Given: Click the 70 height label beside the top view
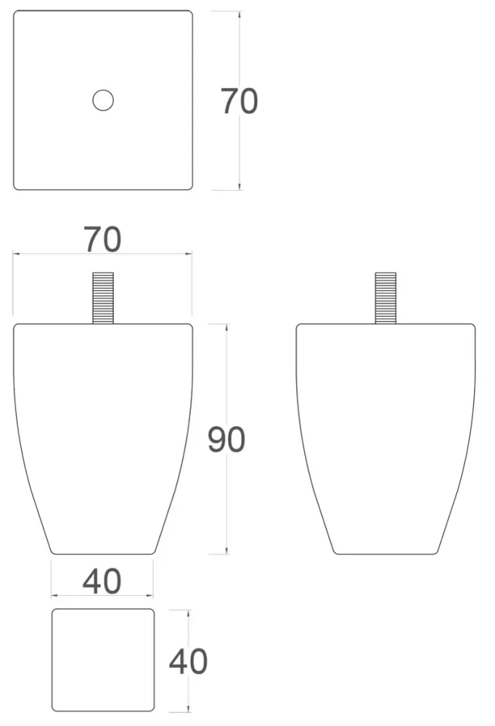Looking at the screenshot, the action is click(x=239, y=101).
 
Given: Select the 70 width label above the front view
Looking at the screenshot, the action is click(x=103, y=239).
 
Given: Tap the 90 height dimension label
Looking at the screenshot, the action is click(x=226, y=439).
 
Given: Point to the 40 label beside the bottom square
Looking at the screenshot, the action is click(x=188, y=661).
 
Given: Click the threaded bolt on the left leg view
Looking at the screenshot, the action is click(x=103, y=298).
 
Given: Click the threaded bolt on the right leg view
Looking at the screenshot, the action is click(x=385, y=298).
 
